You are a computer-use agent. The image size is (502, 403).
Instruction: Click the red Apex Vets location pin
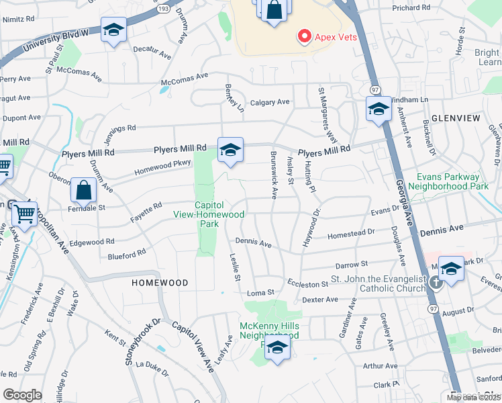click(305, 36)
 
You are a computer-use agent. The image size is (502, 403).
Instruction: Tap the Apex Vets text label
click(336, 37)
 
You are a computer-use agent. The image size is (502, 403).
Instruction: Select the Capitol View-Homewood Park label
click(219, 214)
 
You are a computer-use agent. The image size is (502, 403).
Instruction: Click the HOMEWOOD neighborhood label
click(159, 283)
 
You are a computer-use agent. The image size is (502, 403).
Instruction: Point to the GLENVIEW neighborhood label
click(456, 118)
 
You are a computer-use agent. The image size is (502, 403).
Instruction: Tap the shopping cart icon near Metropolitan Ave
click(25, 216)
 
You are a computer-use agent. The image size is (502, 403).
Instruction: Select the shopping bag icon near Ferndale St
click(84, 191)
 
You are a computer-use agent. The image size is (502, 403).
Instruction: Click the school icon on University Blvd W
click(113, 30)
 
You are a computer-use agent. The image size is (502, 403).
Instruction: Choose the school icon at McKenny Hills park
click(276, 349)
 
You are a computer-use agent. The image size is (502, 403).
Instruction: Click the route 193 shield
click(164, 9)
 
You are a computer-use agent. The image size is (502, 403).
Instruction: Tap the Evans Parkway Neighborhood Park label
click(452, 182)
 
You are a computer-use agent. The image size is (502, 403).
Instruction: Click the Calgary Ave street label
click(270, 102)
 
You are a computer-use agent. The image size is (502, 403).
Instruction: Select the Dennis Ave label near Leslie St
click(253, 242)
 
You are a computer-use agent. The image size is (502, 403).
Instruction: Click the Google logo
click(22, 394)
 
